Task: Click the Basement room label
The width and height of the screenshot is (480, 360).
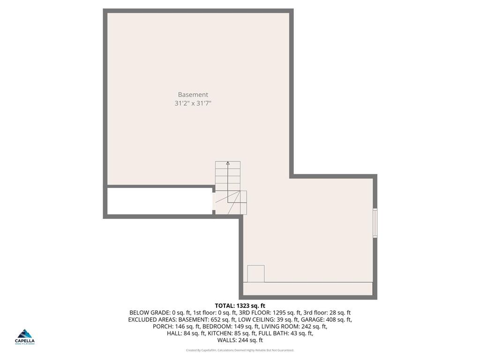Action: pyautogui.click(x=193, y=95)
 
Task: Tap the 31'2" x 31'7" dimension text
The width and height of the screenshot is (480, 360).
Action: pyautogui.click(x=193, y=104)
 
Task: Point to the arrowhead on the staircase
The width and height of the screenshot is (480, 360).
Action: pyautogui.click(x=228, y=163)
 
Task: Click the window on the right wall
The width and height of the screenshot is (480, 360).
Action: pyautogui.click(x=375, y=223)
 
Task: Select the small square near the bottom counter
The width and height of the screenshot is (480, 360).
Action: pyautogui.click(x=256, y=274)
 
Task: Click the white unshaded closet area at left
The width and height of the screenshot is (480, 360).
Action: pyautogui.click(x=160, y=201)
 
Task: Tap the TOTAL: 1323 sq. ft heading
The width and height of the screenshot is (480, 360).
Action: pyautogui.click(x=240, y=306)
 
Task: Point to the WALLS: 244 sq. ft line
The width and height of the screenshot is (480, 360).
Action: pyautogui.click(x=240, y=340)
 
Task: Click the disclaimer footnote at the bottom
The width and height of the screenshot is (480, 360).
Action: pyautogui.click(x=240, y=350)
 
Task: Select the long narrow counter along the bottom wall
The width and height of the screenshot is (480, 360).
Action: pyautogui.click(x=308, y=288)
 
